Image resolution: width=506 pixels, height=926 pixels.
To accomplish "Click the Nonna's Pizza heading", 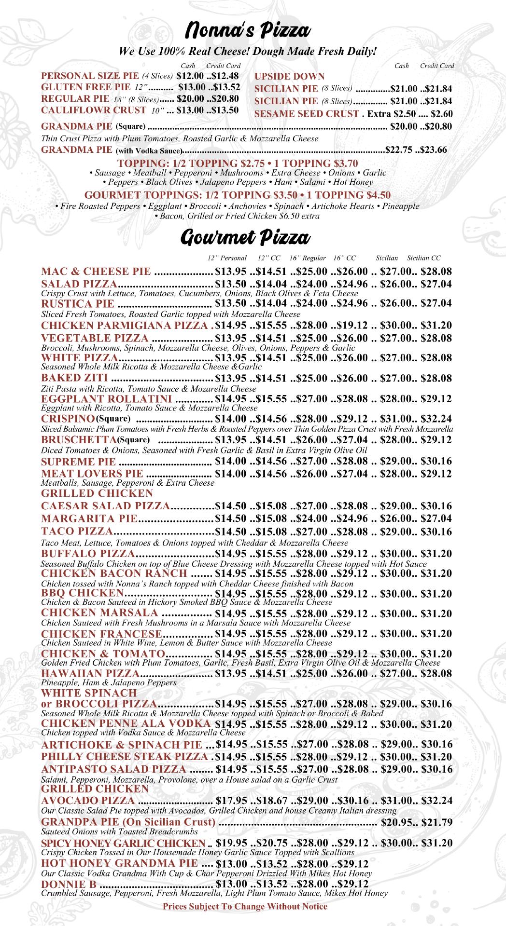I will (x=247, y=31).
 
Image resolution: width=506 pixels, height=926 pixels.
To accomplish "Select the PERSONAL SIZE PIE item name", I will (x=90, y=76).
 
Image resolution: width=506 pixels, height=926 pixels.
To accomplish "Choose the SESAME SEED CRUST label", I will (x=307, y=114).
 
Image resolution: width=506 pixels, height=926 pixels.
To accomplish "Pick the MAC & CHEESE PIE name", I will (x=96, y=272).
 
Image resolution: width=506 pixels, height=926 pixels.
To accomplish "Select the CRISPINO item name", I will (x=68, y=418).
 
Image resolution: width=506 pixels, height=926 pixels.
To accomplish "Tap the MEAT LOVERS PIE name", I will (x=92, y=474).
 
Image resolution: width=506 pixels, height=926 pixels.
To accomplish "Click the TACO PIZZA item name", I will (x=77, y=531).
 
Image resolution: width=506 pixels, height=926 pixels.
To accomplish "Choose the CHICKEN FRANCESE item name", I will (x=103, y=634).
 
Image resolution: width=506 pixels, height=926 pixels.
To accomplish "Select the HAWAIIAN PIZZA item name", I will (x=90, y=673).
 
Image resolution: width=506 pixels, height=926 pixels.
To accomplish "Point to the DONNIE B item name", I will (x=69, y=884).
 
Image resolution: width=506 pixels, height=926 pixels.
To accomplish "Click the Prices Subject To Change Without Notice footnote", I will (x=245, y=906).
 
